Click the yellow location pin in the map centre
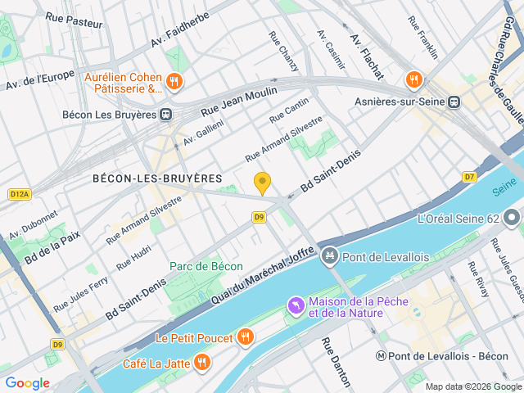(x=262, y=183)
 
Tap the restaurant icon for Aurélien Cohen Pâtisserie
(x=174, y=81)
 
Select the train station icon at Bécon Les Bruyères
(x=166, y=115)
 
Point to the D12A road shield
(x=20, y=194)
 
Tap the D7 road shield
(x=469, y=176)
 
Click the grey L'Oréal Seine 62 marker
(x=513, y=219)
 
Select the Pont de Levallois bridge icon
(x=329, y=257)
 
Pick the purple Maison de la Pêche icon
(x=295, y=306)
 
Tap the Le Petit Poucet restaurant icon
(x=244, y=337)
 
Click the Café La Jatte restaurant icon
(x=201, y=363)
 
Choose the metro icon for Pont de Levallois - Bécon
(x=382, y=356)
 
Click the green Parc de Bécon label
(x=206, y=266)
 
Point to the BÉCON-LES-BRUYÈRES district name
(x=157, y=178)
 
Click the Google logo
(x=28, y=382)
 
